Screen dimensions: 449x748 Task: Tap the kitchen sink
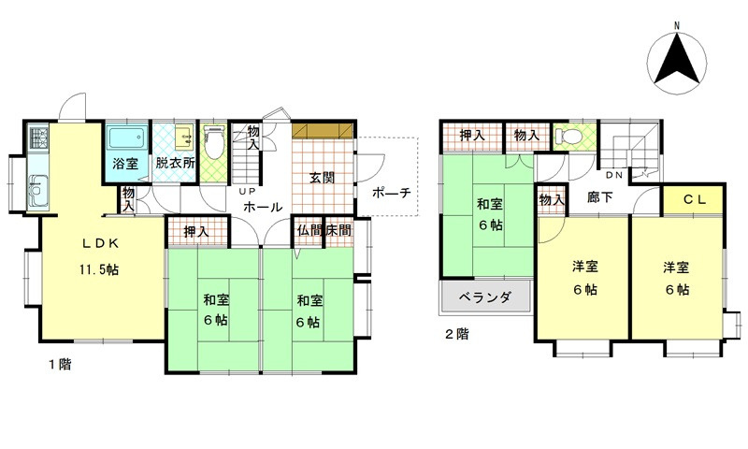click(38, 192)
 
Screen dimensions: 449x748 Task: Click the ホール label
click(264, 207)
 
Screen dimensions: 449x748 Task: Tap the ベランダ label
click(484, 298)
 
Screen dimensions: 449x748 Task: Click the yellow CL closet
click(693, 199)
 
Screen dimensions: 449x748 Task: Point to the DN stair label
click(614, 175)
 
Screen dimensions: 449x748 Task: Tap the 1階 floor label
click(60, 363)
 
